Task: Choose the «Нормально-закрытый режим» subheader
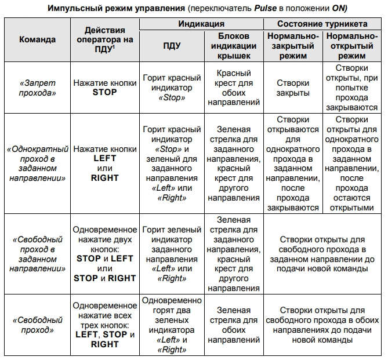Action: [293, 46]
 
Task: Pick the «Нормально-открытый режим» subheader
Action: [354, 46]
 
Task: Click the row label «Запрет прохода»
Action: [37, 88]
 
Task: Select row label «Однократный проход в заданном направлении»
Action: [37, 163]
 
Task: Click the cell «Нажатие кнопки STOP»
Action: [104, 88]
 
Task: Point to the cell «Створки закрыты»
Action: [293, 88]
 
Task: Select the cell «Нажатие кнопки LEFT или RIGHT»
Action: [104, 163]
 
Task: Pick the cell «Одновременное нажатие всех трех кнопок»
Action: [104, 325]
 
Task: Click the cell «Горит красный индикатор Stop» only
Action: [172, 88]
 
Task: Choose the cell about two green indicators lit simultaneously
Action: [172, 325]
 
